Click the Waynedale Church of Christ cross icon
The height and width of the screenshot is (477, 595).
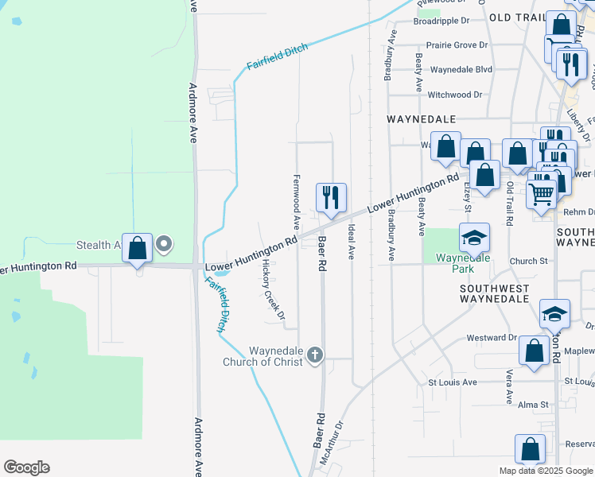pyautogui.click(x=315, y=355)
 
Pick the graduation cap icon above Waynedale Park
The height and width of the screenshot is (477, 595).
pyautogui.click(x=473, y=238)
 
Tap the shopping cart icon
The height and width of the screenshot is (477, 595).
pyautogui.click(x=541, y=192)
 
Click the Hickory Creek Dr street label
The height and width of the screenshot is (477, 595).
pyautogui.click(x=273, y=293)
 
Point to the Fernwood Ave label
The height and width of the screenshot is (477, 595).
pyautogui.click(x=297, y=202)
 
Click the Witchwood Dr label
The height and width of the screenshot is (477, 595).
pyautogui.click(x=455, y=95)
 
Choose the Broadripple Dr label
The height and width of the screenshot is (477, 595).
pyautogui.click(x=441, y=21)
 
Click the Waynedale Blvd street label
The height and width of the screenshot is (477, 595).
pyautogui.click(x=461, y=69)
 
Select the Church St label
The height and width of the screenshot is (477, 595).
pyautogui.click(x=529, y=261)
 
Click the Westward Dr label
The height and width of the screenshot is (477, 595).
pyautogui.click(x=492, y=338)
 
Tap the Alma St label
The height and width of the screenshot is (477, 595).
pyautogui.click(x=533, y=405)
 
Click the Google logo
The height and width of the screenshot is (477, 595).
pyautogui.click(x=26, y=467)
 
